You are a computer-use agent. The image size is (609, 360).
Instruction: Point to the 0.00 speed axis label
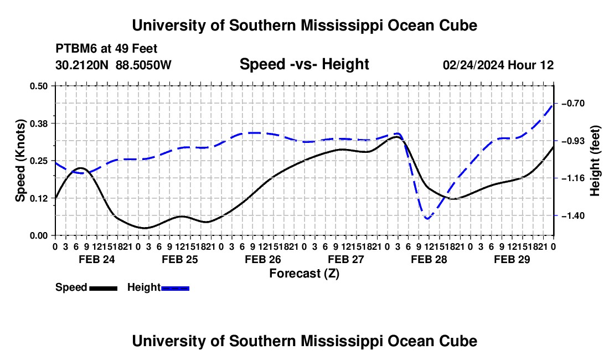(x=38, y=235)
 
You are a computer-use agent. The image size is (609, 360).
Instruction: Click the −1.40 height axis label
(x=572, y=215)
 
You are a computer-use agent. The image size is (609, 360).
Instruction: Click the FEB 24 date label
(x=97, y=259)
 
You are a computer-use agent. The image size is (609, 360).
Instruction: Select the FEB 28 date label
(x=429, y=259)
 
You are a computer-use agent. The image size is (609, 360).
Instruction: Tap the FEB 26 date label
(x=263, y=259)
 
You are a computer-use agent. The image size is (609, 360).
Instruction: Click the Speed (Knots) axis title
(x=20, y=161)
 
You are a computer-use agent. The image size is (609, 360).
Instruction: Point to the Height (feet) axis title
(x=595, y=161)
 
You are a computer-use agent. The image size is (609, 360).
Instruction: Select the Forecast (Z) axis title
(x=304, y=274)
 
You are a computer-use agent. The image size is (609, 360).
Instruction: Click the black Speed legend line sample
(x=104, y=288)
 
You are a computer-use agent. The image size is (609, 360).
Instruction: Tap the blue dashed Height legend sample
(x=175, y=288)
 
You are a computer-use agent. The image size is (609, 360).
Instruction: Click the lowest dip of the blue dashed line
(x=427, y=219)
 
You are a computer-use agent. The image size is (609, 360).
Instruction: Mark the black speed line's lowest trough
(x=144, y=228)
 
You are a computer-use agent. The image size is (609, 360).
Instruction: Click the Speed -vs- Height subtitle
(x=304, y=64)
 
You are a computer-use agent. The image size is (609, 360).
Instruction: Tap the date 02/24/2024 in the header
(x=473, y=65)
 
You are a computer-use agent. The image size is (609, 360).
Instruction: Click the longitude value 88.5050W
(x=143, y=65)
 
